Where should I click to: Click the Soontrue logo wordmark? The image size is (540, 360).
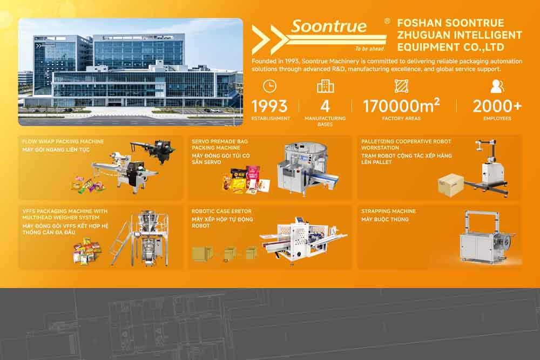tap(329, 26)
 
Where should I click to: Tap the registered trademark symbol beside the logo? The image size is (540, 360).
tap(387, 21)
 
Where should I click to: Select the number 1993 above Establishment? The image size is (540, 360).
tap(269, 106)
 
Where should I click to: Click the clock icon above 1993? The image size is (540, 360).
tap(269, 86)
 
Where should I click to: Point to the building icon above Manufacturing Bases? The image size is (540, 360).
tap(325, 86)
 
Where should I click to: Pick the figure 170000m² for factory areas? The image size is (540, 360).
tap(401, 105)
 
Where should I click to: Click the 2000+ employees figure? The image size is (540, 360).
tap(497, 106)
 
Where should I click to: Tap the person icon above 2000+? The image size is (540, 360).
tap(497, 86)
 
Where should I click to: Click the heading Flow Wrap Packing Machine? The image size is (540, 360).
tap(63, 141)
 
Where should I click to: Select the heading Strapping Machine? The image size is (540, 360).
tap(388, 212)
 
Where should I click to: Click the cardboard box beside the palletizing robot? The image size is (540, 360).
tap(451, 185)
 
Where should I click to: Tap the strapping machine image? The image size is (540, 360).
tap(487, 237)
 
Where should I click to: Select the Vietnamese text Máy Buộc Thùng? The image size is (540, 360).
tap(385, 219)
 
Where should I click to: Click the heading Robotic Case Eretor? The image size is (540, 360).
tap(221, 212)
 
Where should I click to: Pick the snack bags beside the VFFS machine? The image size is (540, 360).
tap(87, 251)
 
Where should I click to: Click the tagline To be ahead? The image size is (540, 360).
tap(370, 49)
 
